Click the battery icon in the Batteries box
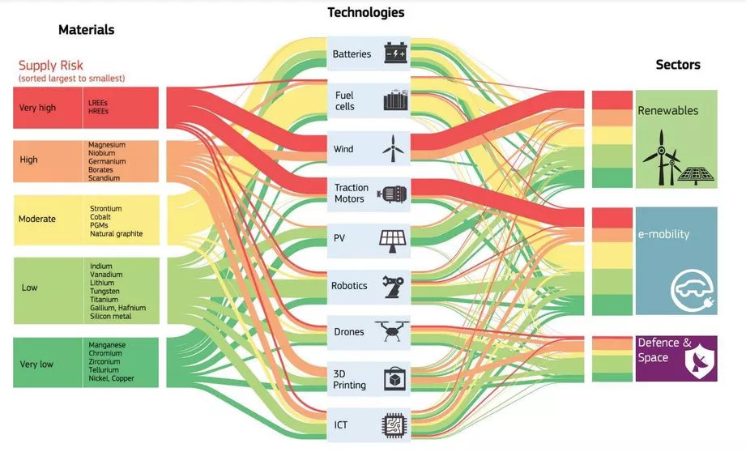click(x=394, y=54)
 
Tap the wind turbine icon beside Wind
click(x=394, y=147)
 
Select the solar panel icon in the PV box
click(x=394, y=239)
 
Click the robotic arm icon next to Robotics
click(x=394, y=286)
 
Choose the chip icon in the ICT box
click(x=394, y=424)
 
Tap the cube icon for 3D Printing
click(x=394, y=378)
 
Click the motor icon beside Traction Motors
click(x=394, y=194)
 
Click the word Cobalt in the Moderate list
click(x=100, y=217)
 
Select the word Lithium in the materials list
click(x=101, y=283)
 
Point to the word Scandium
click(x=104, y=178)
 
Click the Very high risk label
click(x=38, y=108)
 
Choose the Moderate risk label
click(x=36, y=219)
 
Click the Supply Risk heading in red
click(x=51, y=65)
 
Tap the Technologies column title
click(x=365, y=12)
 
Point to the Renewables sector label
click(x=667, y=110)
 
